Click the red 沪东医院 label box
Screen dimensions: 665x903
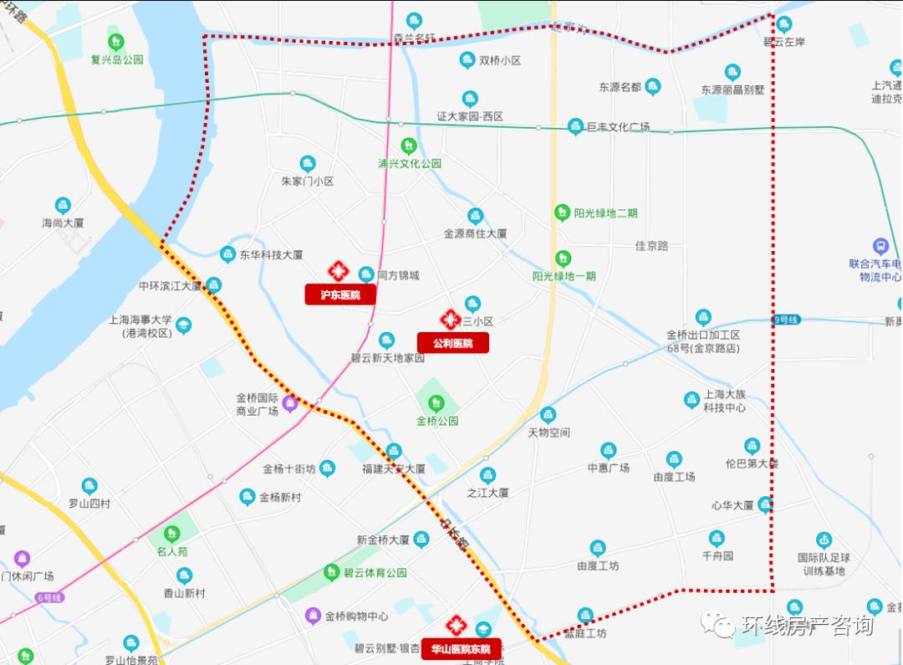[339, 294]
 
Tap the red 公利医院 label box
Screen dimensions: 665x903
[452, 343]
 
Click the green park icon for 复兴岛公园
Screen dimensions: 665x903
[116, 41]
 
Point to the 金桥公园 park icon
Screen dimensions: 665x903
[436, 403]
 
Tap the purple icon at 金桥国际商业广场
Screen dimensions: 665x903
[290, 404]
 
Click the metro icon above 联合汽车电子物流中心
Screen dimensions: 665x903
[880, 246]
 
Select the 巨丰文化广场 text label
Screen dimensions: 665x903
[618, 127]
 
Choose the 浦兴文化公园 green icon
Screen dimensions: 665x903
[408, 146]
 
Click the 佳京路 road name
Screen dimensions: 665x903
[651, 246]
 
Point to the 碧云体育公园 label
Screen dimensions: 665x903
[375, 573]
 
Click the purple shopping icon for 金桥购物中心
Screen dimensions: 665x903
[313, 616]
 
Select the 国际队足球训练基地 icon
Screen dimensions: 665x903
[824, 540]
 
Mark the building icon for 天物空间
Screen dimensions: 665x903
[548, 414]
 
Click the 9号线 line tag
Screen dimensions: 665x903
[786, 320]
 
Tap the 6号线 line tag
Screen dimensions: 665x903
[49, 597]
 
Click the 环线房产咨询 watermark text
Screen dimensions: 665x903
[806, 626]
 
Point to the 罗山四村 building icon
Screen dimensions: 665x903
[89, 486]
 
